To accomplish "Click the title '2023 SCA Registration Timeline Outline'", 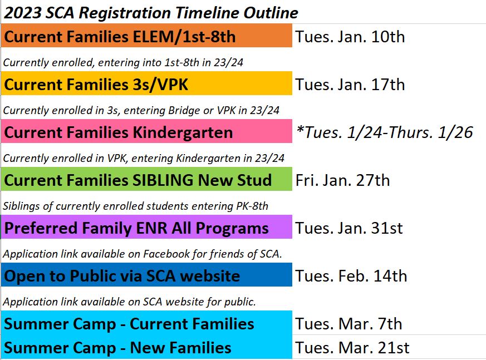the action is (x=151, y=13).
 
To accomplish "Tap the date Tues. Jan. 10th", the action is (x=350, y=37).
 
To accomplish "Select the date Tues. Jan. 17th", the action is (x=350, y=85).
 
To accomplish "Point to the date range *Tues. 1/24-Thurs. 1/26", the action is (x=385, y=132).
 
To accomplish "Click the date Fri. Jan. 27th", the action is (x=342, y=180).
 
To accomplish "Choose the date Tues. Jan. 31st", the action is (x=349, y=228).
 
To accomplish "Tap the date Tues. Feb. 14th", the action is (x=351, y=276).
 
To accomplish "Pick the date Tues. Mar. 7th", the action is (x=348, y=324).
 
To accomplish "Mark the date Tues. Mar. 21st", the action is (x=352, y=348).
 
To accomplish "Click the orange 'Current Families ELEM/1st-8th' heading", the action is (x=120, y=37).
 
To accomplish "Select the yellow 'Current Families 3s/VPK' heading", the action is (x=96, y=85).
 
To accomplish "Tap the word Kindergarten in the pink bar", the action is (x=183, y=133).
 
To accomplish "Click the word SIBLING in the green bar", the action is (x=163, y=180).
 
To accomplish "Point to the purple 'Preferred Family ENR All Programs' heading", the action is (x=136, y=229).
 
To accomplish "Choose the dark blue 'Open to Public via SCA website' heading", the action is (x=122, y=276).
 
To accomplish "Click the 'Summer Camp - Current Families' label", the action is (x=129, y=324).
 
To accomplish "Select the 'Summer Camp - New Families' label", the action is (x=117, y=348).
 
